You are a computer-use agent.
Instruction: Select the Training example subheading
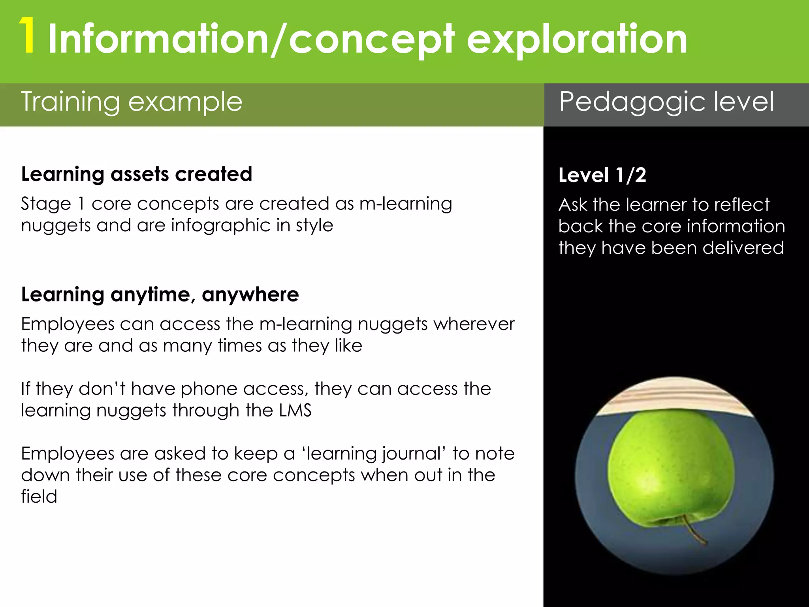tap(131, 102)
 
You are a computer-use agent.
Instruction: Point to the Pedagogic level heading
tap(666, 102)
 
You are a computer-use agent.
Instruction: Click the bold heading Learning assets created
tap(136, 174)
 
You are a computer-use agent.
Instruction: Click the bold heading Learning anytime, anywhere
tap(160, 294)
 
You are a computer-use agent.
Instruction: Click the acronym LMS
tap(295, 410)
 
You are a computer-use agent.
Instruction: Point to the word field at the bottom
tap(39, 496)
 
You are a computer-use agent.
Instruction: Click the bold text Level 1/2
tap(602, 175)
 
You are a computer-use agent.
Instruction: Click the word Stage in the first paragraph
tap(45, 204)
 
